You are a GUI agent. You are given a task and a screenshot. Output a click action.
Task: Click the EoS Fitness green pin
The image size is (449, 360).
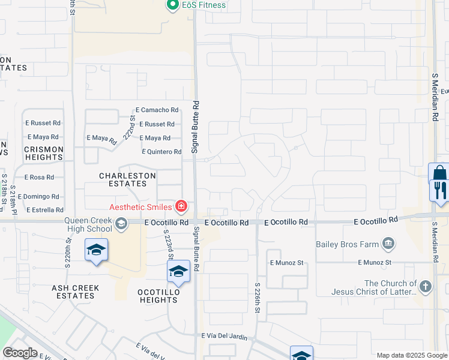(173, 5)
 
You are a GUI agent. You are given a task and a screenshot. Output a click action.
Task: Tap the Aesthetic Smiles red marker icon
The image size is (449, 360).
(181, 208)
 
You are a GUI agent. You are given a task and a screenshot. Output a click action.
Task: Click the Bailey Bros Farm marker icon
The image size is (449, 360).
(388, 243)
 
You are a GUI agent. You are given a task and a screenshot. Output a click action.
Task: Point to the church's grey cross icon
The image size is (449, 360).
(426, 287)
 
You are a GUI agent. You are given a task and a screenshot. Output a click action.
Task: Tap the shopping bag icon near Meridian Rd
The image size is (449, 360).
(439, 173)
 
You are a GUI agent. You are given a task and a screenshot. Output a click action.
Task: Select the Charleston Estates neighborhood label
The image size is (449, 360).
(127, 179)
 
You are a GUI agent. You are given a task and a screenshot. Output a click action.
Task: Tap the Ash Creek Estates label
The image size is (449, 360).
(75, 292)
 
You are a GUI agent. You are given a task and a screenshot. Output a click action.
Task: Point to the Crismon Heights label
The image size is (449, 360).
(43, 153)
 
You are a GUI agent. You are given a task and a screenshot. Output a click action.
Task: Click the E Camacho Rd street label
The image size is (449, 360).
(157, 110)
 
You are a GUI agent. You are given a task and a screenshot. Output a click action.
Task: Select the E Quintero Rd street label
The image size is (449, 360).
(161, 152)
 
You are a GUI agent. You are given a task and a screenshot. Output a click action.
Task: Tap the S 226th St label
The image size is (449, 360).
(258, 298)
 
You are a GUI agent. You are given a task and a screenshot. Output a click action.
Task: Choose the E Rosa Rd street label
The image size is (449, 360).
(39, 178)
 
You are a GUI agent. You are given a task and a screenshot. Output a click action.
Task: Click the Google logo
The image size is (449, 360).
(20, 353)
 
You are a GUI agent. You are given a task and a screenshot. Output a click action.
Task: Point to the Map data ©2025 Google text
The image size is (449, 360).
(411, 355)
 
